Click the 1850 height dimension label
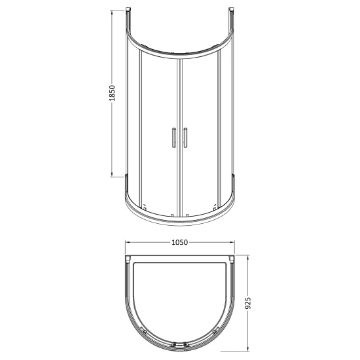pyautogui.click(x=112, y=93)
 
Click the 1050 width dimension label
pyautogui.click(x=180, y=242)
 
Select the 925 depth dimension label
pyautogui.click(x=248, y=303)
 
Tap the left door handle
pyautogui.click(x=174, y=137)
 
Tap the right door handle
pyautogui.click(x=185, y=137)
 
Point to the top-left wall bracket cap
pyautogui.click(x=128, y=9)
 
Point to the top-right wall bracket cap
pyautogui.click(x=232, y=9)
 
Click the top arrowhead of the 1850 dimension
pyautogui.click(x=112, y=12)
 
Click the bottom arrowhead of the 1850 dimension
pyautogui.click(x=112, y=175)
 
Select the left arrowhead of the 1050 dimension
pyautogui.click(x=128, y=242)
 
